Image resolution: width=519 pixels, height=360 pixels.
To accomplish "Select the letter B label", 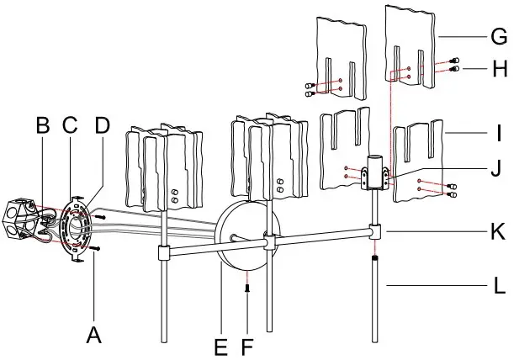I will (x=43, y=126).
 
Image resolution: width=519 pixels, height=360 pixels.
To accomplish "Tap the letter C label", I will (x=70, y=126).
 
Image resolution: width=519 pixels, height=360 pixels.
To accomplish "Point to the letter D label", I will (x=101, y=126).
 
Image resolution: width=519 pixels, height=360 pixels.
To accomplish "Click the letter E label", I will (x=220, y=345).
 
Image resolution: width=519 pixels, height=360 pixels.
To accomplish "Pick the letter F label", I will (x=246, y=345).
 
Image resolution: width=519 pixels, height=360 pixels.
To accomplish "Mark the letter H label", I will (x=500, y=70).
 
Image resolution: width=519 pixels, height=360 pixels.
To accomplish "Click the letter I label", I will (x=499, y=132).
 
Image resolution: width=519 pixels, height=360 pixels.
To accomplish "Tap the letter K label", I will (x=499, y=229).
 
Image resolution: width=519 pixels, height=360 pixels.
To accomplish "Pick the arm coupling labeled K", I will (x=377, y=229).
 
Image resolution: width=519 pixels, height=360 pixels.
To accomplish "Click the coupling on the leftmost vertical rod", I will (x=164, y=251).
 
